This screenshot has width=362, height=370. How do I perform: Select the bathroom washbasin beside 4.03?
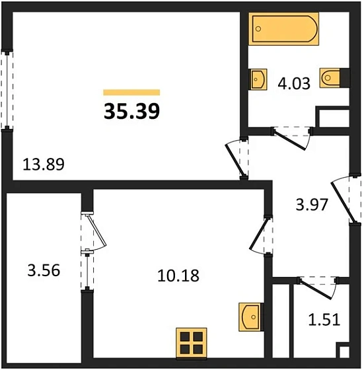coord(256,79)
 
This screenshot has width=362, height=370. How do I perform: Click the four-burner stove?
coord(192,343)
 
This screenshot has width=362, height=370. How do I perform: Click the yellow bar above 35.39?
coord(132,92)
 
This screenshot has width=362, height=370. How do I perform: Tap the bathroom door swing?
coord(292,137)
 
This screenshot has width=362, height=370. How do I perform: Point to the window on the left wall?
coord(7,89)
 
